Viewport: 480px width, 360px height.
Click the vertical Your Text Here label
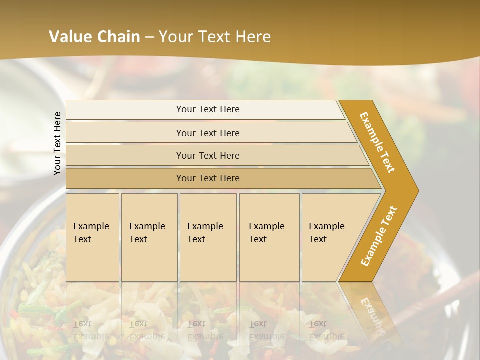[x=57, y=143]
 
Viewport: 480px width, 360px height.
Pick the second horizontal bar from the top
[x=207, y=133]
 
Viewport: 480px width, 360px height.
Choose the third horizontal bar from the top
[x=207, y=155]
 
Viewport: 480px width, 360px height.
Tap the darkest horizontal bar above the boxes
[x=207, y=178]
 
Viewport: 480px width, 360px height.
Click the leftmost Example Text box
[x=92, y=237]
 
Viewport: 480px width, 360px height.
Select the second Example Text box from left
[x=149, y=237]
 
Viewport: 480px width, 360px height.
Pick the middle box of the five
[x=208, y=237]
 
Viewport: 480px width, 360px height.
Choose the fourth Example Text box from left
[x=269, y=237]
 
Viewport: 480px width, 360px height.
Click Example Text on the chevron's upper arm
[x=377, y=142]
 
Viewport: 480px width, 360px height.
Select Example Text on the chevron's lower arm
[x=378, y=236]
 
